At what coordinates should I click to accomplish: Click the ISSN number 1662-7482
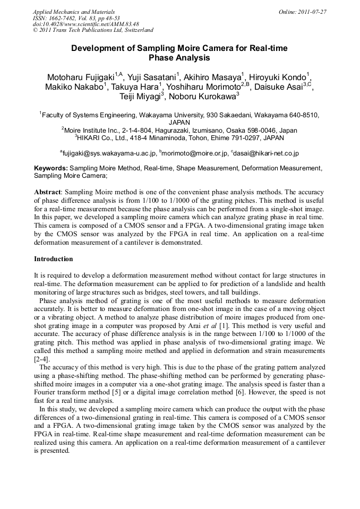[x=64, y=18]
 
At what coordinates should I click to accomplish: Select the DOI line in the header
[x=85, y=24]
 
